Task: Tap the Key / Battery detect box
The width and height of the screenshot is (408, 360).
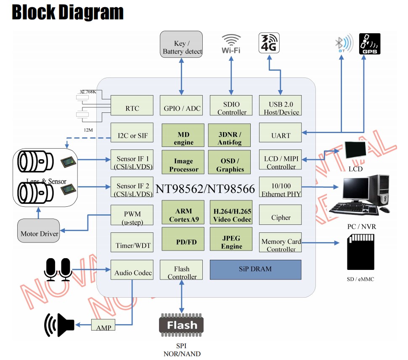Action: (x=181, y=45)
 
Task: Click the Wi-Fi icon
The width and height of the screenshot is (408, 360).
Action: (x=231, y=44)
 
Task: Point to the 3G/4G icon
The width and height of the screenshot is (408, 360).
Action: (x=269, y=43)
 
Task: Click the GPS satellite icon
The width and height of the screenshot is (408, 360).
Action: (x=369, y=44)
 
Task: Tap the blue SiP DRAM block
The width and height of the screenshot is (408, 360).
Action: (x=255, y=269)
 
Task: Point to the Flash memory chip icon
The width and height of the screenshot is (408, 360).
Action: (x=181, y=325)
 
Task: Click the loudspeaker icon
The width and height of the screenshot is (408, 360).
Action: (x=59, y=325)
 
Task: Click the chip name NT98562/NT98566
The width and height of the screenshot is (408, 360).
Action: (x=205, y=189)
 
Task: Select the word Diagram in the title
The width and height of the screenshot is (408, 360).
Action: (x=90, y=13)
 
